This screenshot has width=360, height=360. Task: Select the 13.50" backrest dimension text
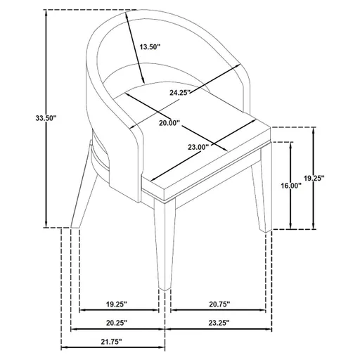click(150, 47)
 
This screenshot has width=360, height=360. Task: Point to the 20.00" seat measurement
click(169, 123)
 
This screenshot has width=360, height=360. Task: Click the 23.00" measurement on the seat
click(199, 148)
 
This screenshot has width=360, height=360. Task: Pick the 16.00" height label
click(290, 186)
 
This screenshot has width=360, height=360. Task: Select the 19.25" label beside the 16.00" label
click(333, 179)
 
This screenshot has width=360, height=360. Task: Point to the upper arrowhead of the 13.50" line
click(129, 18)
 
